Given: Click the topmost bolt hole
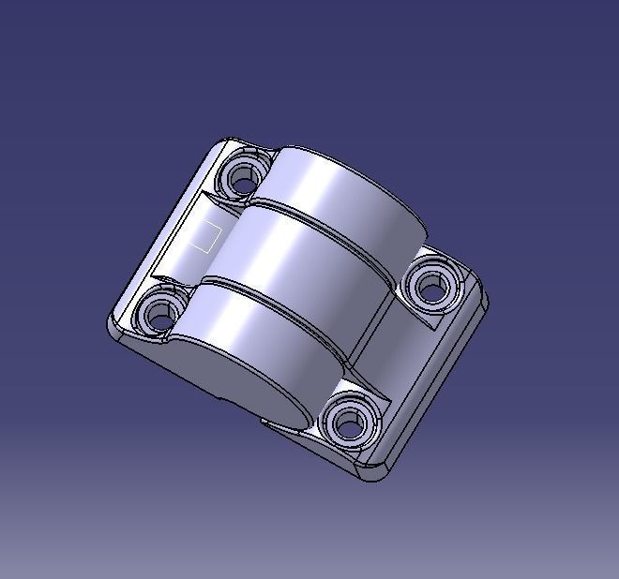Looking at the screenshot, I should click(x=244, y=176).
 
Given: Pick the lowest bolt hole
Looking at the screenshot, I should click(x=348, y=424).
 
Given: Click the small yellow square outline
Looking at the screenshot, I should click(x=204, y=236).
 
